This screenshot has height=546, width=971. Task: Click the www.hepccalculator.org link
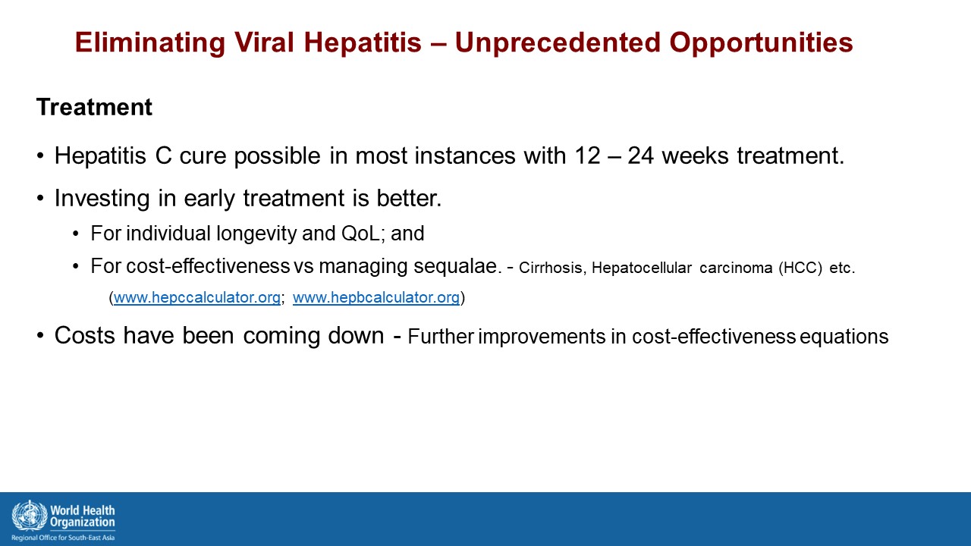click(196, 298)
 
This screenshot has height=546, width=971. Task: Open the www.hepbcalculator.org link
click(376, 298)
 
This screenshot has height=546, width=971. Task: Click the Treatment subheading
click(94, 107)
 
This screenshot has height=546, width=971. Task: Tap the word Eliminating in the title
click(150, 42)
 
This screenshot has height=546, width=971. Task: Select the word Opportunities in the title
click(761, 43)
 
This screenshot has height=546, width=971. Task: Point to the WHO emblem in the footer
click(30, 516)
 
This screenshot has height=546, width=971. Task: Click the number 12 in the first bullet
click(587, 155)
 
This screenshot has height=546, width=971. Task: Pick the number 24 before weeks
click(640, 155)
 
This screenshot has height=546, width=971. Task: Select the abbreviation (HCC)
click(800, 268)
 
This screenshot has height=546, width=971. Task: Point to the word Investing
click(102, 199)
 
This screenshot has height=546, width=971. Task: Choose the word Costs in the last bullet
click(84, 335)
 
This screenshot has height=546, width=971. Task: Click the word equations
click(844, 337)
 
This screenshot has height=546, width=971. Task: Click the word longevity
click(256, 234)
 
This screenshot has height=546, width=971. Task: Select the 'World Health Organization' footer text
click(83, 516)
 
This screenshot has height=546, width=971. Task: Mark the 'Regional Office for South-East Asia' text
click(63, 538)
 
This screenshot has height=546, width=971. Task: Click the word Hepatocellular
click(641, 268)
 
